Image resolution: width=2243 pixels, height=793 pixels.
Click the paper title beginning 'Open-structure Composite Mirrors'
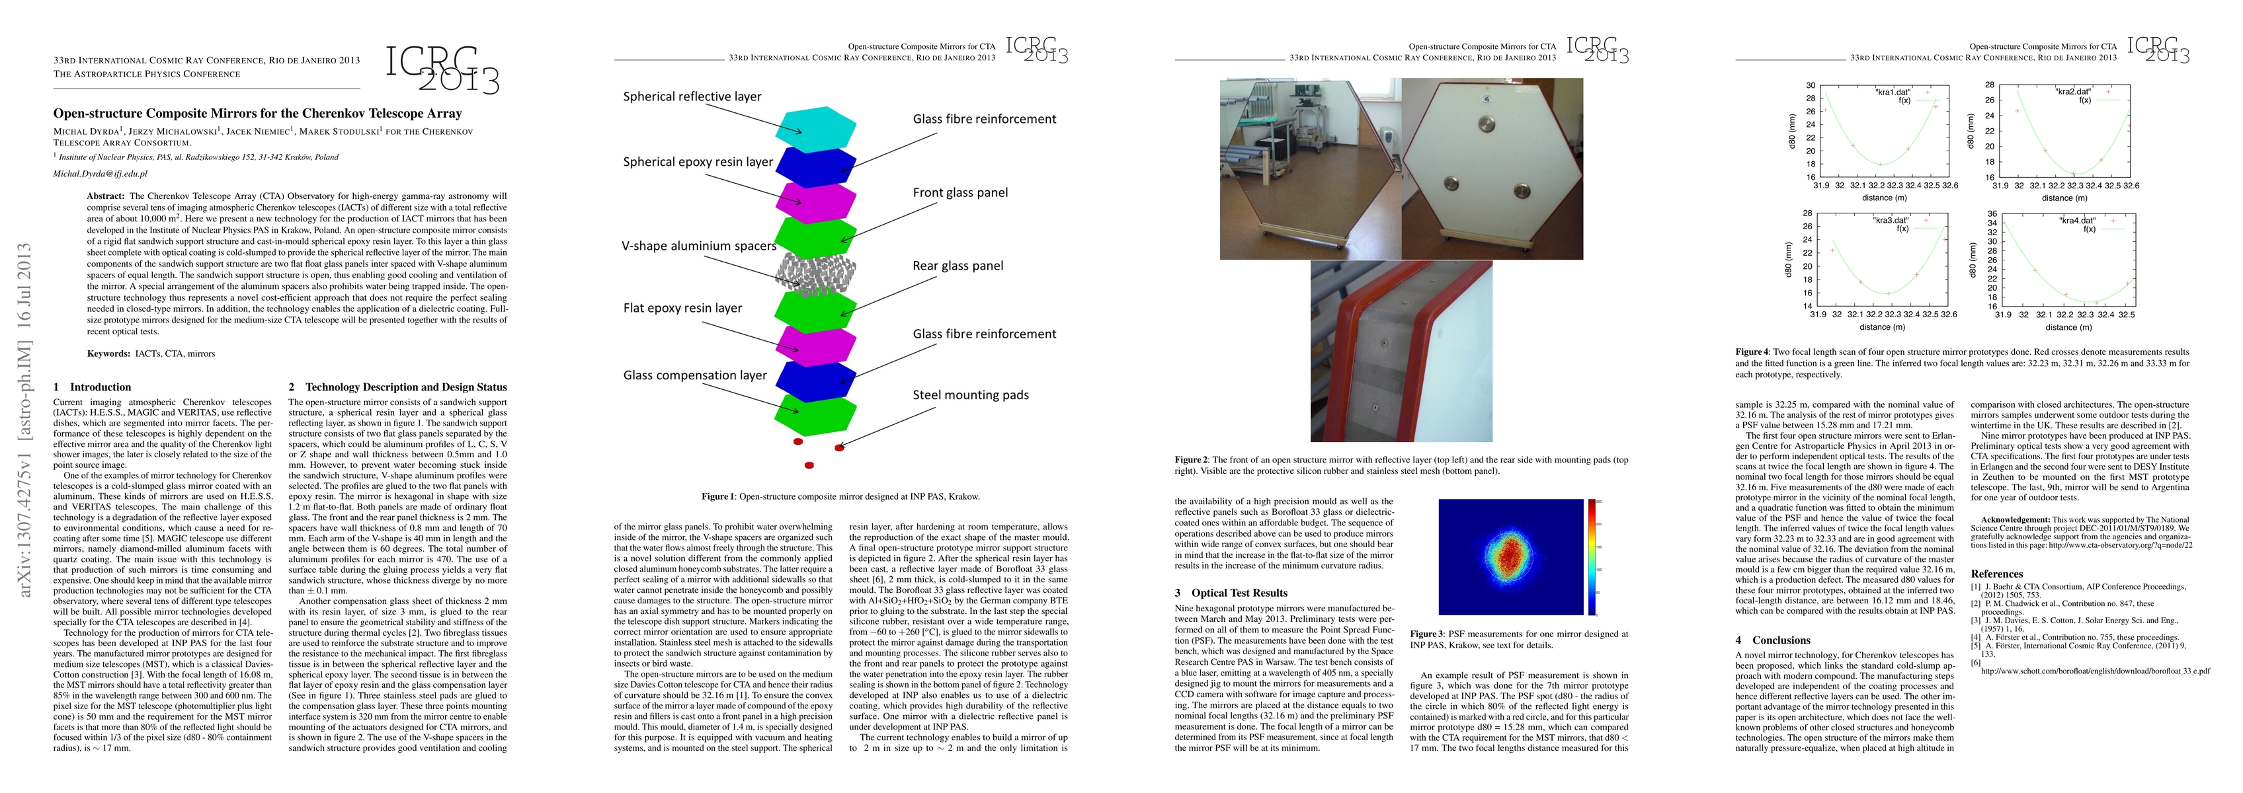coord(258,113)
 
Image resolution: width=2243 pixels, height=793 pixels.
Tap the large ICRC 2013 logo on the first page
coord(442,69)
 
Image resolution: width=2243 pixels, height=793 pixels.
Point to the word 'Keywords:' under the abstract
coord(109,354)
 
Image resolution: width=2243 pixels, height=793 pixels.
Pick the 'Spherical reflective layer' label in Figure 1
coord(692,96)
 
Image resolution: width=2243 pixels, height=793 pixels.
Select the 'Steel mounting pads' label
coord(970,395)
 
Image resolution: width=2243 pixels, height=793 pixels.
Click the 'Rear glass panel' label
coord(958,266)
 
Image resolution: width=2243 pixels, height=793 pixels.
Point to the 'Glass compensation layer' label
coord(695,375)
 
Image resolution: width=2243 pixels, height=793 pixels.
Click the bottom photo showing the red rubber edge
coord(1401,351)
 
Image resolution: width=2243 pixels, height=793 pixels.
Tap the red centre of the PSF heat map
coord(1512,557)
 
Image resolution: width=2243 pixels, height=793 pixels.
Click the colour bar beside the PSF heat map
coord(1592,557)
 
